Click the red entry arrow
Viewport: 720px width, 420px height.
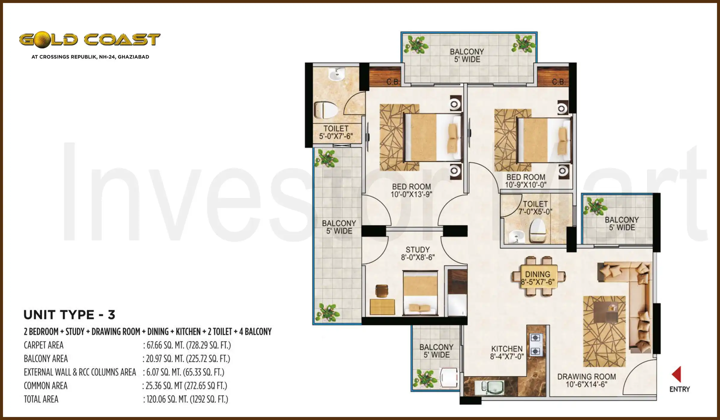point(677,374)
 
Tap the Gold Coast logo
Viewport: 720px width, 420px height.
point(90,40)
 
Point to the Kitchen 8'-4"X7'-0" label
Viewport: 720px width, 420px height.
point(507,352)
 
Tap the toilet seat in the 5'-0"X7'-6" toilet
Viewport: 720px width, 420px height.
point(326,110)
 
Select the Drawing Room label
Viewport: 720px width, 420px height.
point(586,380)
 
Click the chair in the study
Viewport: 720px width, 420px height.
point(382,291)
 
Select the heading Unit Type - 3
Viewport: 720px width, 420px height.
point(69,315)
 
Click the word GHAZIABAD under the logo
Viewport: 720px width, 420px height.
point(133,57)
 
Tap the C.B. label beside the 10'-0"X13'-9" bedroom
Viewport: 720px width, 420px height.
point(392,82)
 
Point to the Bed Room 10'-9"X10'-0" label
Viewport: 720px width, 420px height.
point(526,181)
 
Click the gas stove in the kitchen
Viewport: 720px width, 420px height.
point(535,344)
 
